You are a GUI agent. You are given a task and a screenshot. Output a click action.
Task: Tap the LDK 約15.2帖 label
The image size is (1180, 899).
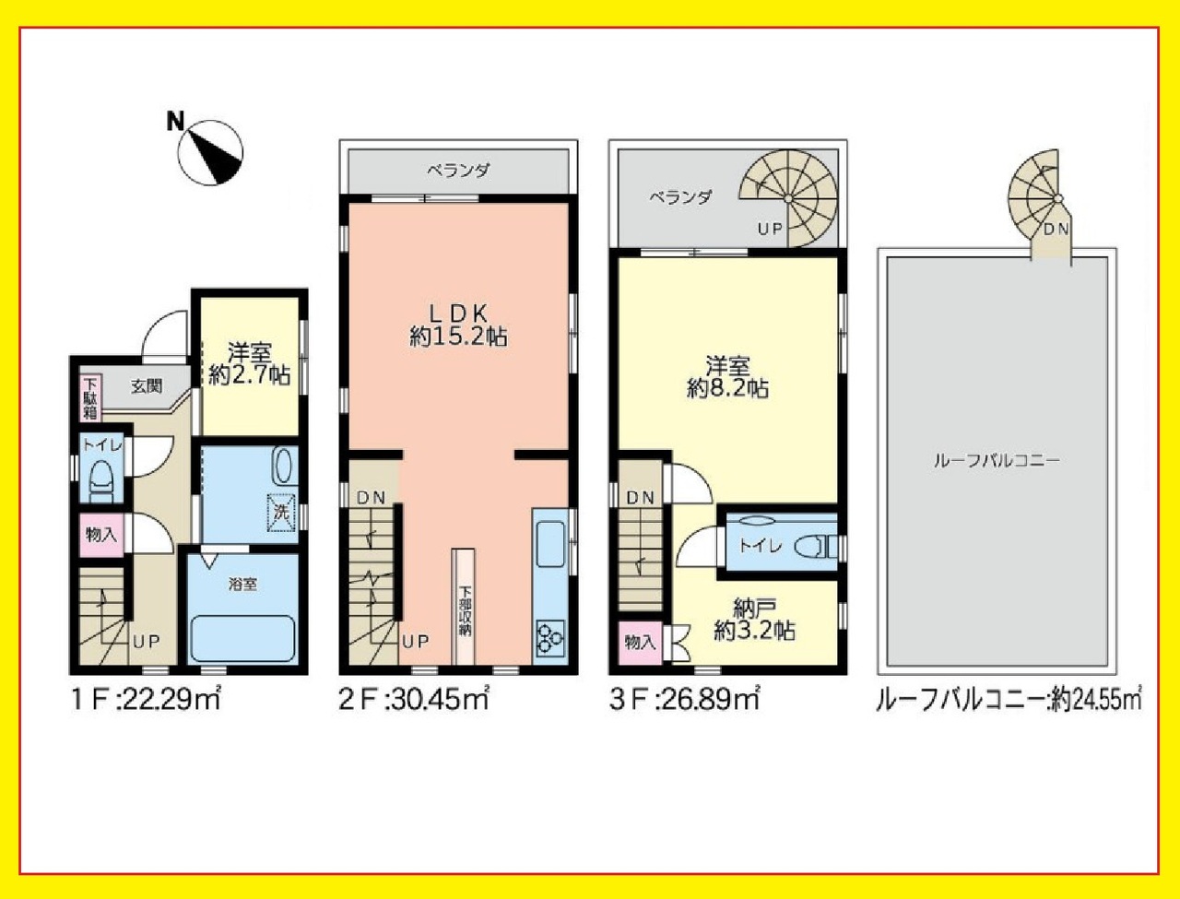pyautogui.click(x=458, y=325)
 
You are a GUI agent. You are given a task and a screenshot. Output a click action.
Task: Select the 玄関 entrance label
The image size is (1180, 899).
pyautogui.click(x=147, y=386)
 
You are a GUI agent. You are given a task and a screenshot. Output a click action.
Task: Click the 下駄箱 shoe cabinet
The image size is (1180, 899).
pyautogui.click(x=89, y=397)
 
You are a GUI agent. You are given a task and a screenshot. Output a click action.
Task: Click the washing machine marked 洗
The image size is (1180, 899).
pyautogui.click(x=282, y=513)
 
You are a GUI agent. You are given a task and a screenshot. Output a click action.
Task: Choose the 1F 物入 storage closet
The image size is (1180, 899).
pyautogui.click(x=101, y=535)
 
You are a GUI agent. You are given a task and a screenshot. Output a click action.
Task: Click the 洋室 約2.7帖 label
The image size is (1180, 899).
pyautogui.click(x=250, y=363)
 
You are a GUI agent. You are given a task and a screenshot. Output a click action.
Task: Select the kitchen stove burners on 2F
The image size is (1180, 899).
pyautogui.click(x=549, y=638)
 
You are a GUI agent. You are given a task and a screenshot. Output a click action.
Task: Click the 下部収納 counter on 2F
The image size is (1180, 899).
pyautogui.click(x=464, y=607)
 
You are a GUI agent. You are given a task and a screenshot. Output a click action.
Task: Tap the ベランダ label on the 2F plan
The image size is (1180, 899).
pyautogui.click(x=458, y=171)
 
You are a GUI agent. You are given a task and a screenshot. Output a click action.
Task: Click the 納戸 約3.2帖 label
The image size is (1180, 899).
pyautogui.click(x=754, y=620)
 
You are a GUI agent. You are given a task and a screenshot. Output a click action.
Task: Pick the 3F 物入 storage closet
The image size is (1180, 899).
pyautogui.click(x=640, y=642)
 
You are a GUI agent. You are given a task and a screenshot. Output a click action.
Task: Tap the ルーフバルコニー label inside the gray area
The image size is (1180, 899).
pyautogui.click(x=997, y=461)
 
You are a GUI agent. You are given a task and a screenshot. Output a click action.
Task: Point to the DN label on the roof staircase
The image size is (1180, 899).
pyautogui.click(x=1056, y=229)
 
